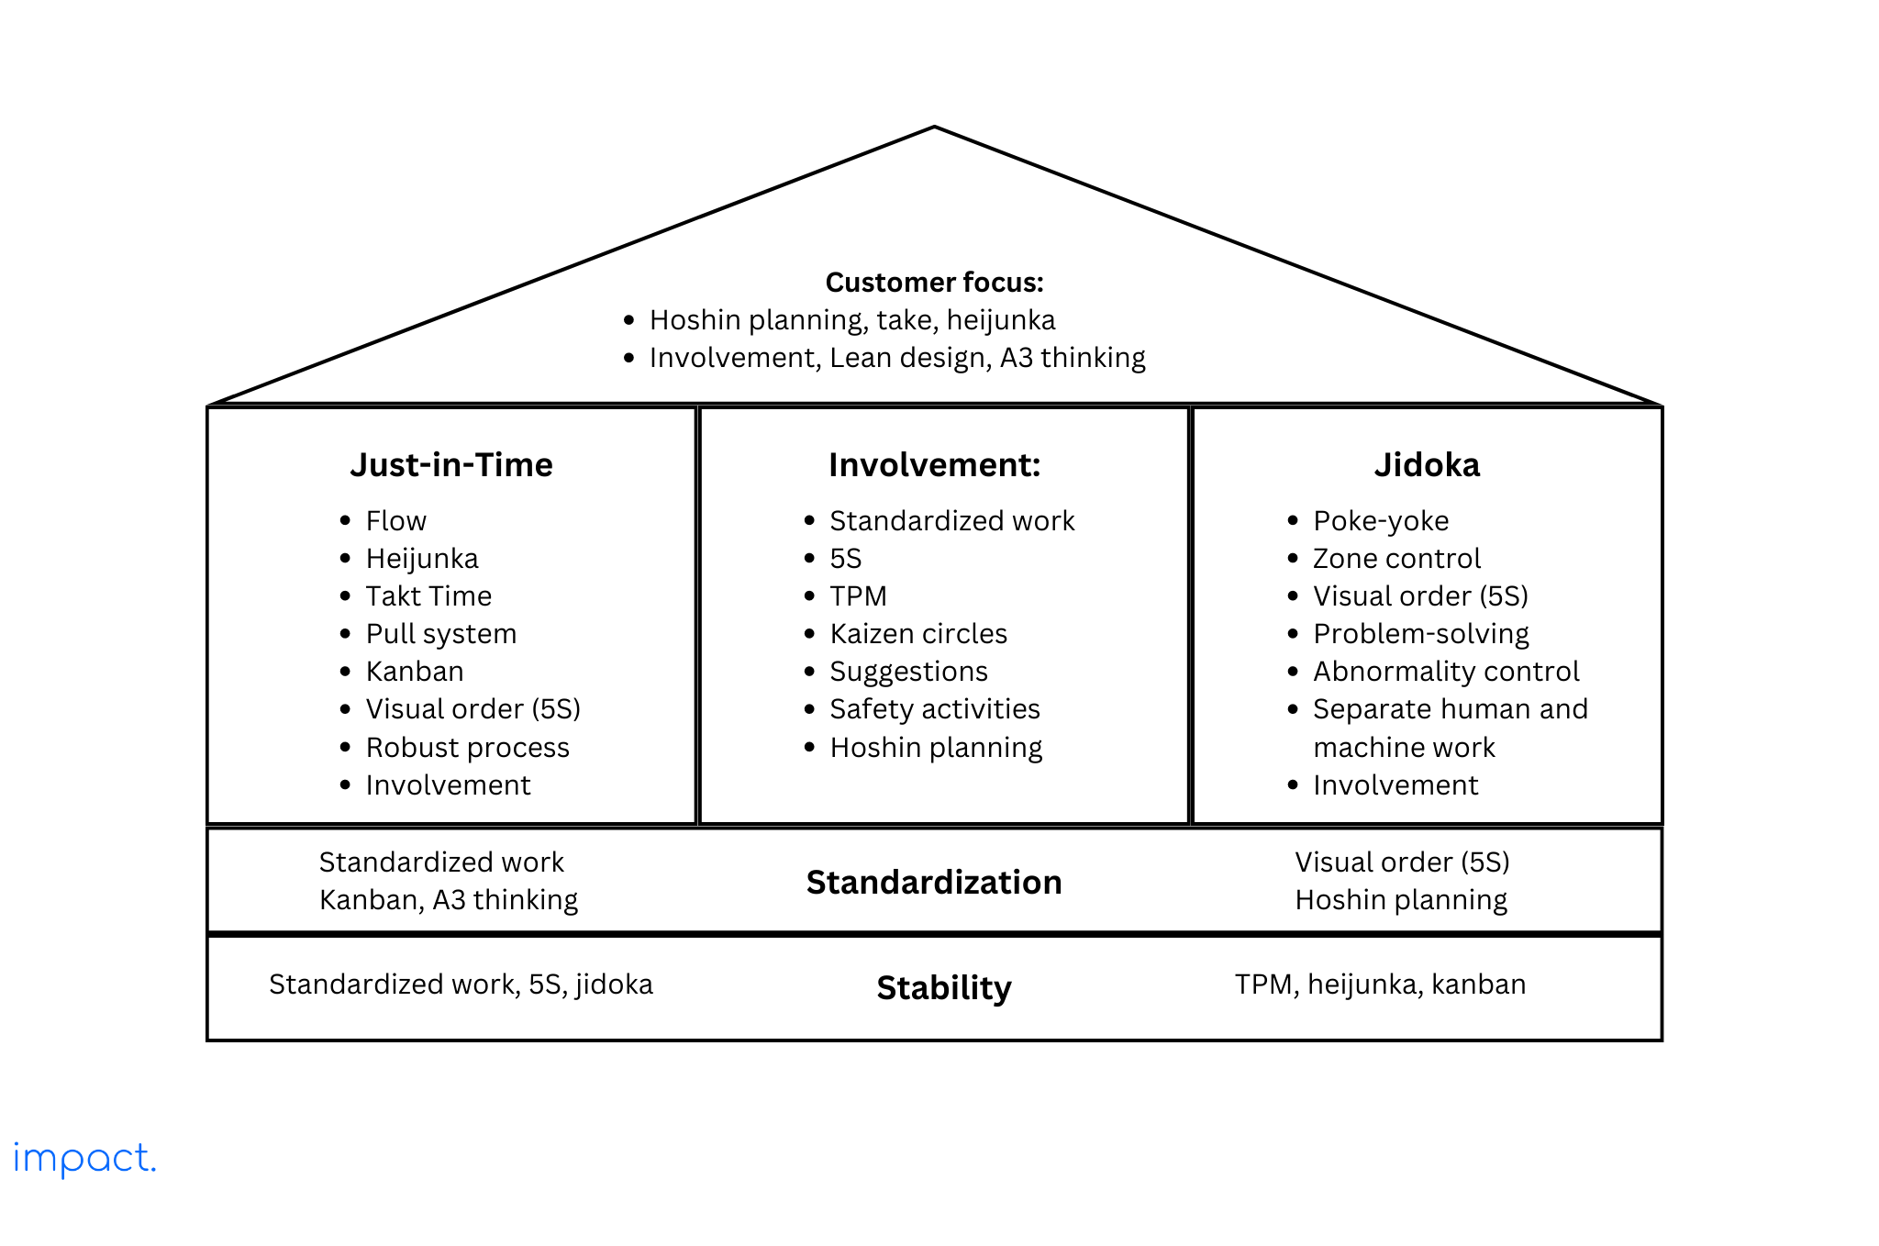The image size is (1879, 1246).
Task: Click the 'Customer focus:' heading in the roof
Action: (934, 282)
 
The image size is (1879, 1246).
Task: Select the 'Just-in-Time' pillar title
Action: (451, 464)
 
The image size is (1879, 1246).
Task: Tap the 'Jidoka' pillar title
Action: (1427, 464)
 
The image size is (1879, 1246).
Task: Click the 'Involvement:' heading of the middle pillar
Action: (934, 464)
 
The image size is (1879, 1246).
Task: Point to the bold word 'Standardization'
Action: (934, 882)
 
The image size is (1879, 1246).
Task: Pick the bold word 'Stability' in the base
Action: (943, 987)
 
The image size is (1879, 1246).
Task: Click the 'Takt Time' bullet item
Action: (428, 596)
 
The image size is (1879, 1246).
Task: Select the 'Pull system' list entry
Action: (440, 634)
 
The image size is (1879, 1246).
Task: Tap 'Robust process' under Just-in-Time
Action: (467, 748)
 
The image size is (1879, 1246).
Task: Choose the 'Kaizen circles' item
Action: (918, 634)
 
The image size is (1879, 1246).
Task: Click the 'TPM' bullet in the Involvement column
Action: (858, 596)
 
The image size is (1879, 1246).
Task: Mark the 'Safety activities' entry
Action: (934, 709)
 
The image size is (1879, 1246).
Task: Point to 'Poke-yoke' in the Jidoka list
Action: (1381, 521)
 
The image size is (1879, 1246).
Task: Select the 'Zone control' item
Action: (1396, 559)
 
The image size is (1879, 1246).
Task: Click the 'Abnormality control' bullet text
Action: (1446, 672)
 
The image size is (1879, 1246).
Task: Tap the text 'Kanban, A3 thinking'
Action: (449, 900)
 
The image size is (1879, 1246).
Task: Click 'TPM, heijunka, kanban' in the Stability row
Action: (1380, 985)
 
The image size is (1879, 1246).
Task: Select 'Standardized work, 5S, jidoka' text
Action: (461, 985)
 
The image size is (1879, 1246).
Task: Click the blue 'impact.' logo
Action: (84, 1159)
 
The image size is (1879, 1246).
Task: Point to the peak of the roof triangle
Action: (934, 128)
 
